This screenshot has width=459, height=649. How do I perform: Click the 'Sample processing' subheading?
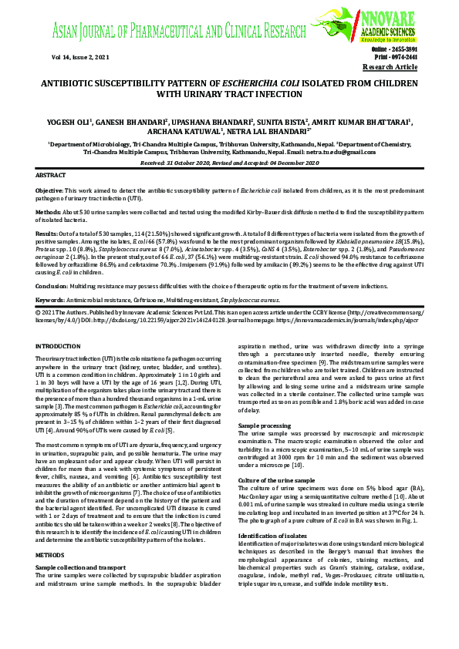click(x=265, y=425)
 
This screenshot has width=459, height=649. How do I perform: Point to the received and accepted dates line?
click(x=229, y=163)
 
